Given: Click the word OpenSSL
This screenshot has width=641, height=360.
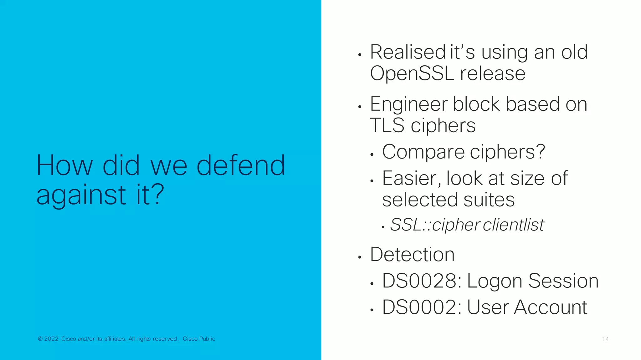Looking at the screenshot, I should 412,74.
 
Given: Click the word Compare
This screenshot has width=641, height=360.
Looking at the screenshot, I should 423,152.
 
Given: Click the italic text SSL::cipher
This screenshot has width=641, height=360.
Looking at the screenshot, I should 435,225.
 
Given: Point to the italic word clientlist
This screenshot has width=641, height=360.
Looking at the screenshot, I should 513,225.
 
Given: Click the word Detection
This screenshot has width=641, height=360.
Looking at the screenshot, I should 412,254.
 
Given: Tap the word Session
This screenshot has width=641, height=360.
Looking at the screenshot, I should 563,281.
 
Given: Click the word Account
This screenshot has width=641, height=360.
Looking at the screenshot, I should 551,307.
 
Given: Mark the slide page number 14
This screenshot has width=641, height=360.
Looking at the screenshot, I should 605,339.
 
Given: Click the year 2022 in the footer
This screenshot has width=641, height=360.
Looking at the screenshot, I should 51,339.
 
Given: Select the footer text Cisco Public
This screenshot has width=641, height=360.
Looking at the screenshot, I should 199,339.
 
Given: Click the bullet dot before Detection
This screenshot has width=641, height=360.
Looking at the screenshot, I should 360,257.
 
